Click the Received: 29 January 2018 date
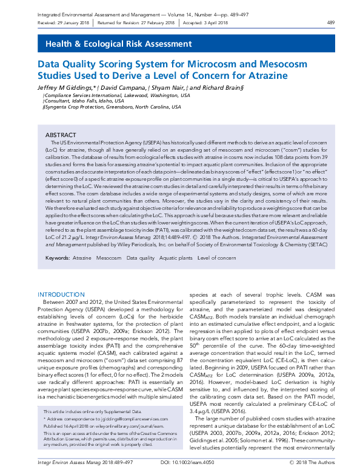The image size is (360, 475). (65, 23)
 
